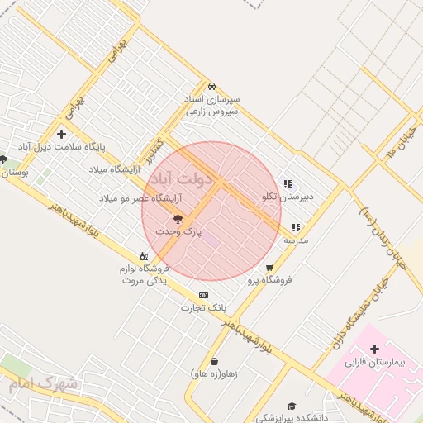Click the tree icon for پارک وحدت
178,219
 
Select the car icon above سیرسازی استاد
211,86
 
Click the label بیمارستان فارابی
376,363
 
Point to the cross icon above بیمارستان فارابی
374,349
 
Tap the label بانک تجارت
203,308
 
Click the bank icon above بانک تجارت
203,295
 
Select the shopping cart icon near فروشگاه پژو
269,267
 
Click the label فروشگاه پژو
270,280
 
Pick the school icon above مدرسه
296,226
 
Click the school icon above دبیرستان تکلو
288,183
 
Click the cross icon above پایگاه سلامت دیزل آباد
61,134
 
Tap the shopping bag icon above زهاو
214,360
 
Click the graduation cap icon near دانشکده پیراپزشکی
291,405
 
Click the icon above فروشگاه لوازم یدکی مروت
144,255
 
